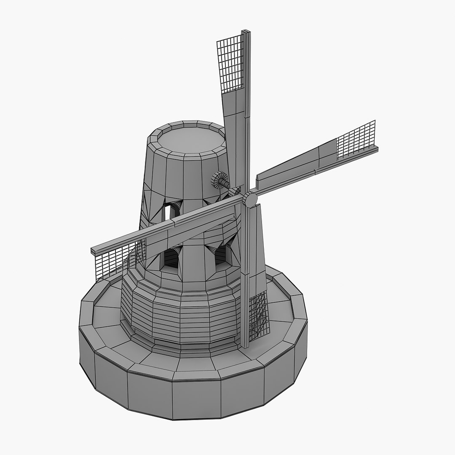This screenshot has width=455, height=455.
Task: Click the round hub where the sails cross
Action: pos(250,199)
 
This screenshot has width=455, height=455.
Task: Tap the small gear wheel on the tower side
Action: pos(217,181)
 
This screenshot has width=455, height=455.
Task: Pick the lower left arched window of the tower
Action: pos(171,257)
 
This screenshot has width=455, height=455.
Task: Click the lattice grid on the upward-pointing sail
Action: pos(230,63)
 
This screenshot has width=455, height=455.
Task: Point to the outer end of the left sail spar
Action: pos(94,251)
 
